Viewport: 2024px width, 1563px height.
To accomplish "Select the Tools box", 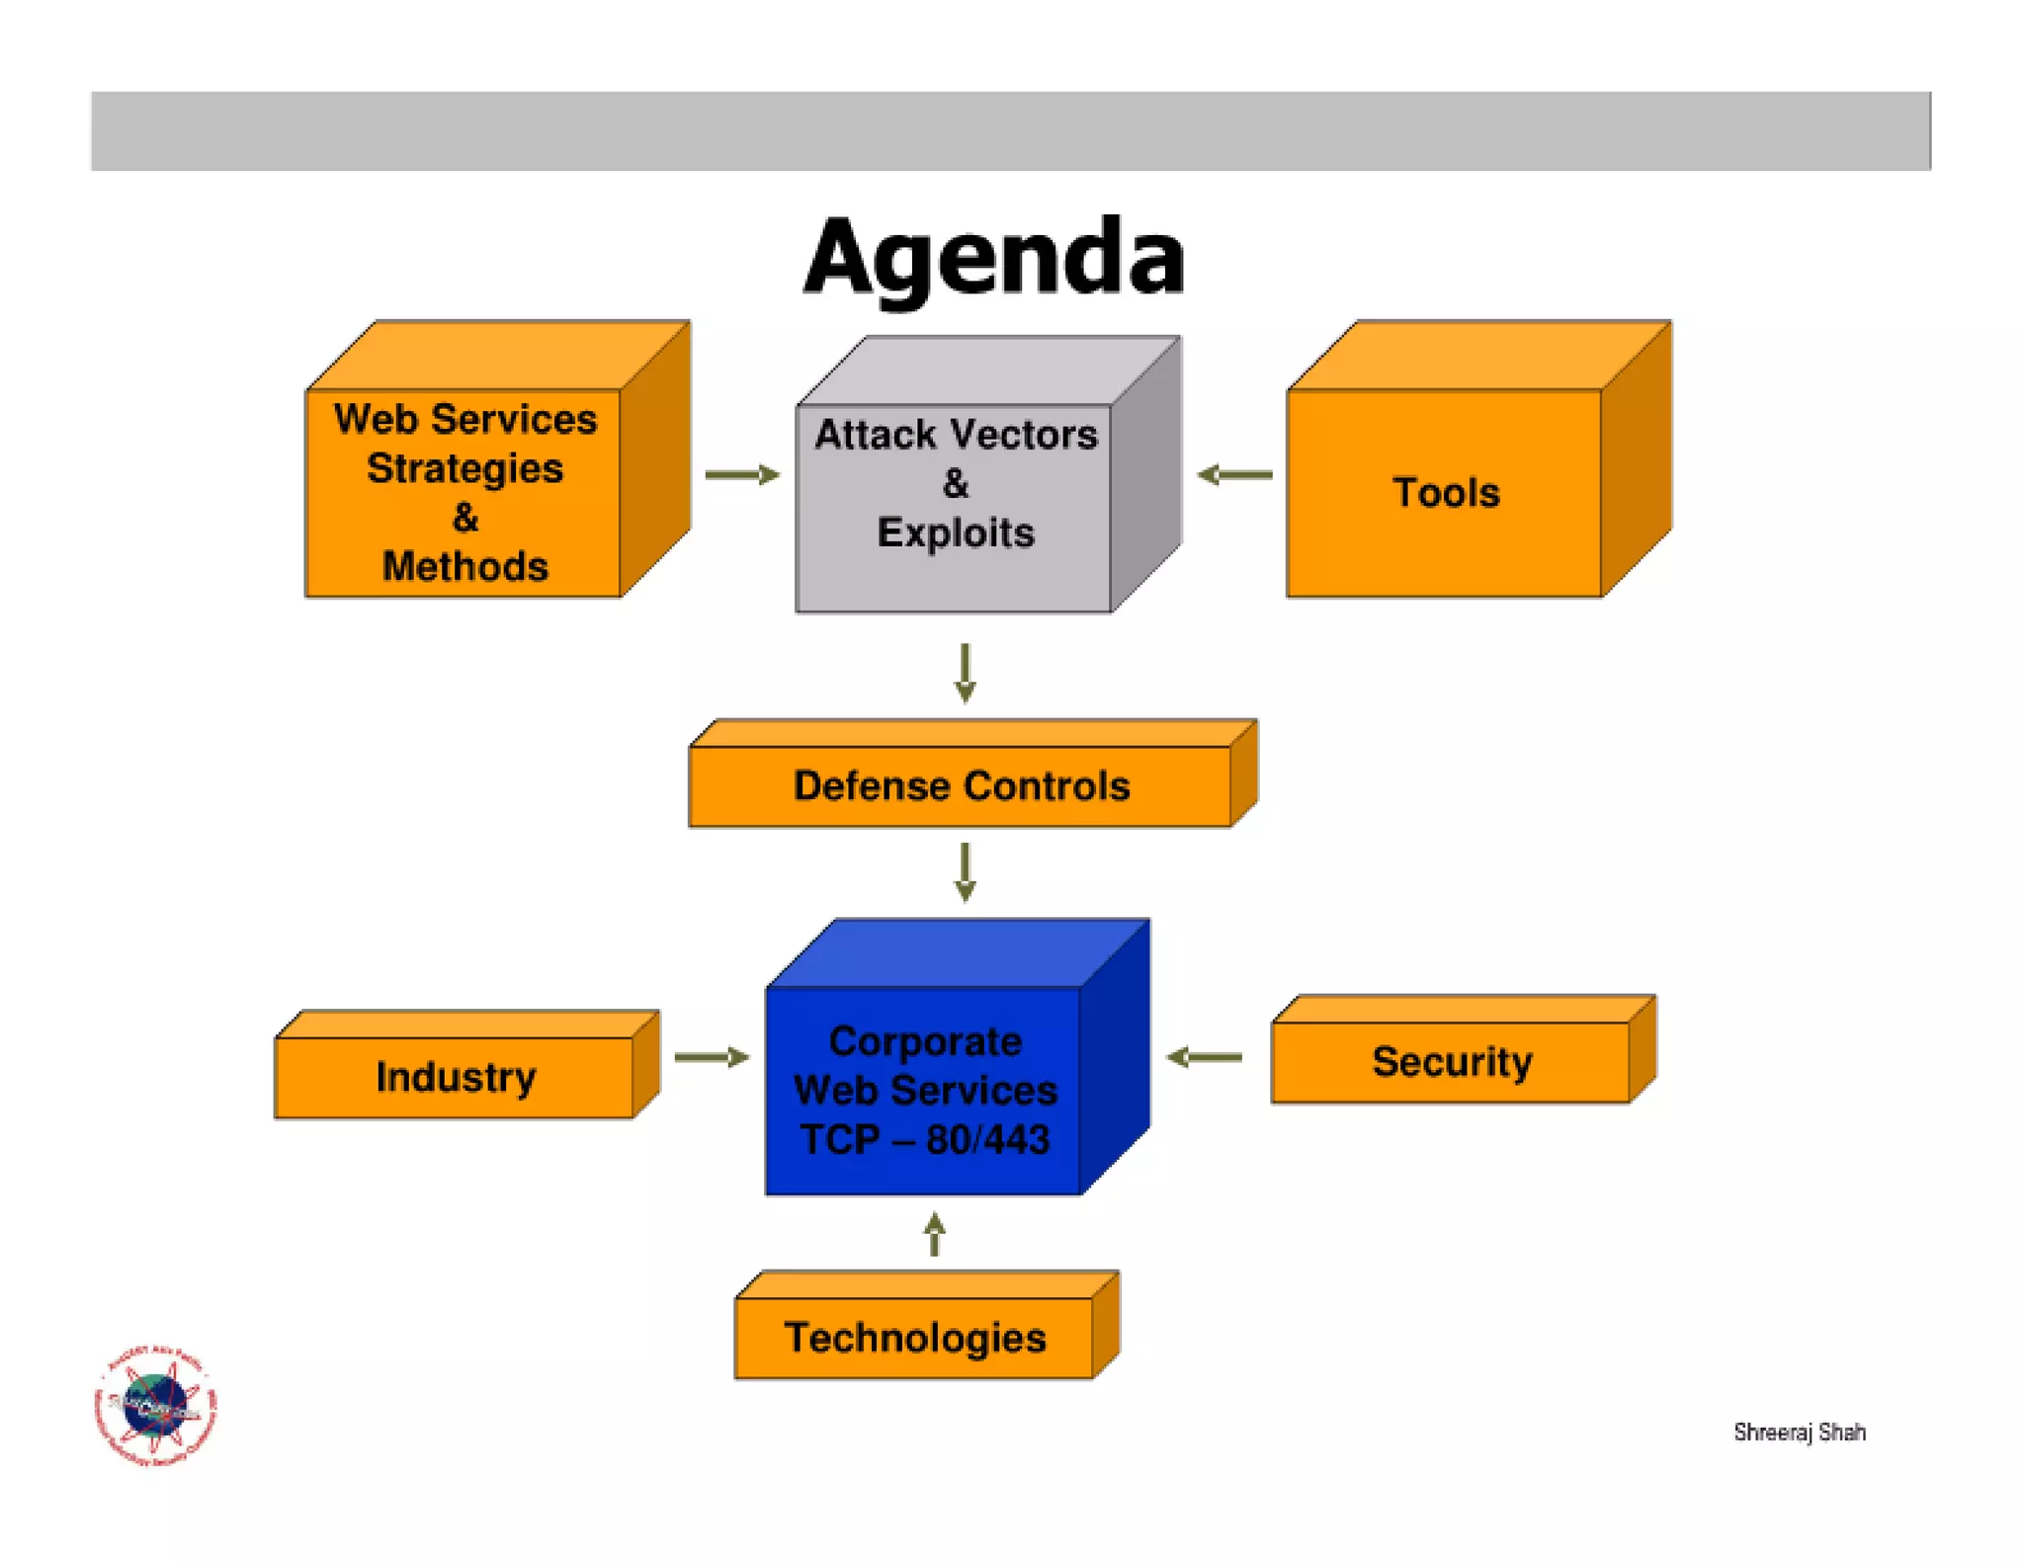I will (x=1445, y=492).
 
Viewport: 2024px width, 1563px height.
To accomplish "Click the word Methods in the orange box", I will (x=464, y=567).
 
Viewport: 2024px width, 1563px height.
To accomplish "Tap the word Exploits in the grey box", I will (x=955, y=534).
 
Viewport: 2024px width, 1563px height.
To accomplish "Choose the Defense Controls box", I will (x=961, y=786).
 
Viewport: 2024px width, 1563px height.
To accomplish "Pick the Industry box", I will (x=456, y=1077).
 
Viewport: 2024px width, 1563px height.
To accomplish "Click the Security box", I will (x=1451, y=1062).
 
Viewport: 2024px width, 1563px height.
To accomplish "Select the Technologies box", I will (x=914, y=1338).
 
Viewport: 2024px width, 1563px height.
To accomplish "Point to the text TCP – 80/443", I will (x=925, y=1140).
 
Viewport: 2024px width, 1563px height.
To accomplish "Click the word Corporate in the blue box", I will (x=925, y=1041).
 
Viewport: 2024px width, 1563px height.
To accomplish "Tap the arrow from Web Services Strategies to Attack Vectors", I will (x=741, y=475).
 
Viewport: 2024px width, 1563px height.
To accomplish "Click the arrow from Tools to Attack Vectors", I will (x=1234, y=475).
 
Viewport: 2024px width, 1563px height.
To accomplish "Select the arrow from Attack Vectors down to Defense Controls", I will (x=966, y=673).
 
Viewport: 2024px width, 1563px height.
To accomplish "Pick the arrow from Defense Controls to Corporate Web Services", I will (x=966, y=871).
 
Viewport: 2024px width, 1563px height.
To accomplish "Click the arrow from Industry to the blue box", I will (x=711, y=1057).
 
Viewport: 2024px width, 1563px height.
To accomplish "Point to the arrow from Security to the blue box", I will (x=1204, y=1057).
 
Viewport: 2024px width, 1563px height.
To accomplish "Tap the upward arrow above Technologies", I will (x=935, y=1235).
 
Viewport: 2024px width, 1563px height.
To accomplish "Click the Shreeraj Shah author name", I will (x=1799, y=1433).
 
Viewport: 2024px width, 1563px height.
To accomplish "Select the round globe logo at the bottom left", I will (x=155, y=1405).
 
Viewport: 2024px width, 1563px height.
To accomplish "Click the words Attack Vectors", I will (x=955, y=435).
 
